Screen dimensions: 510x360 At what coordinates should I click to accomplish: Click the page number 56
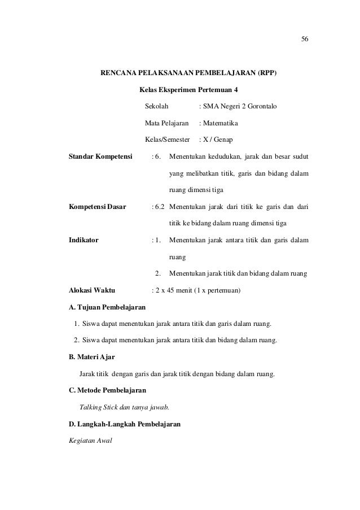[x=305, y=39]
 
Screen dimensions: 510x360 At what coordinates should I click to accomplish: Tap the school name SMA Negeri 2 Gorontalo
[x=240, y=106]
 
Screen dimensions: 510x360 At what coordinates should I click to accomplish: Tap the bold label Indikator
[x=83, y=240]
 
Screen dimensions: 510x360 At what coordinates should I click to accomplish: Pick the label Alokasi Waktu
[x=91, y=291]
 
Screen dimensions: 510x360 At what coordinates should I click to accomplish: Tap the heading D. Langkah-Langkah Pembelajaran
[x=124, y=424]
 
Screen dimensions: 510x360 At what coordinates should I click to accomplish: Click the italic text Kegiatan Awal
[x=90, y=440]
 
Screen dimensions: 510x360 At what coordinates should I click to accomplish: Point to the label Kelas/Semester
[x=168, y=139]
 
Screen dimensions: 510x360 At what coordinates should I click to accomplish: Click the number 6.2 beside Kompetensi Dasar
[x=160, y=207]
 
